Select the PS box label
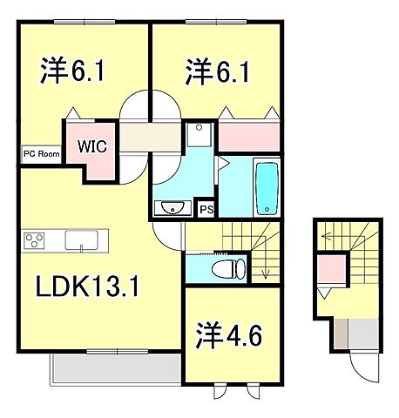[206, 209]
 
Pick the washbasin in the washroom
[172, 207]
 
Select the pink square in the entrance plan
[329, 267]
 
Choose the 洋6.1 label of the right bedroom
[218, 70]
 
